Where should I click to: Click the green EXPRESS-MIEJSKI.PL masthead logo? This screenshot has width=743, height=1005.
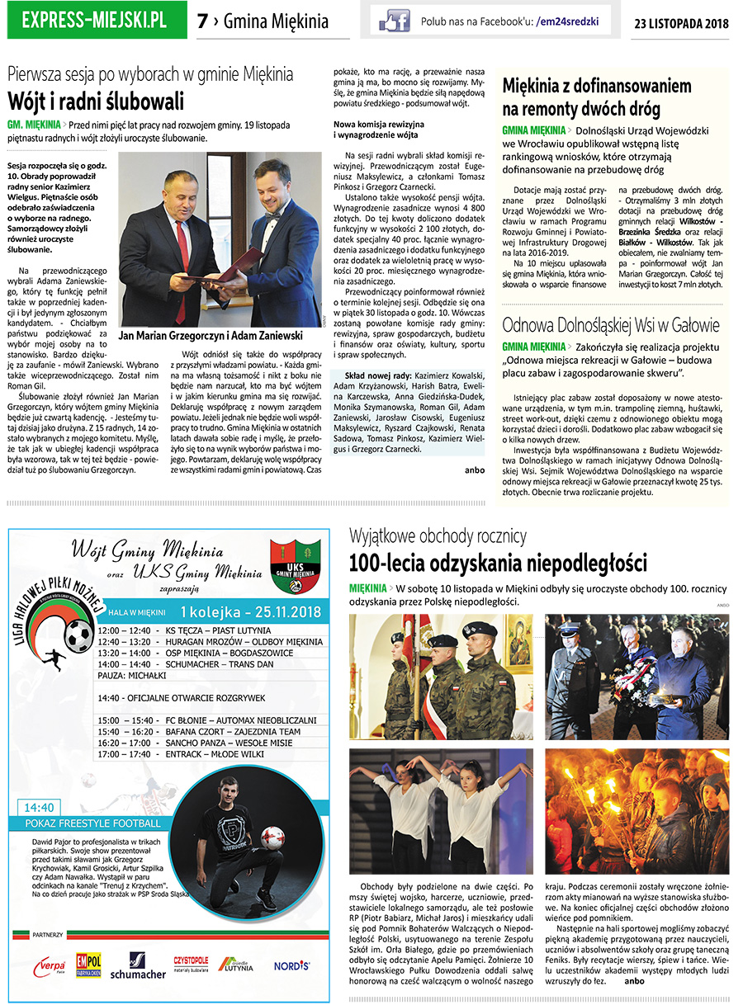[x=94, y=20]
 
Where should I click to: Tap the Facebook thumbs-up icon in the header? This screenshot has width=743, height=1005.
[x=394, y=21]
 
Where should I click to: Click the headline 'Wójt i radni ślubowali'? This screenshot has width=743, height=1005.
[x=96, y=102]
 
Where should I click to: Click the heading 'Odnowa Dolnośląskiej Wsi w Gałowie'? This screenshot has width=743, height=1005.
[x=610, y=324]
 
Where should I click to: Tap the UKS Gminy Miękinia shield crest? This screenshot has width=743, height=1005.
[x=296, y=565]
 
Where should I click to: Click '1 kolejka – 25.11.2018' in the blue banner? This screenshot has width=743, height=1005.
[x=250, y=612]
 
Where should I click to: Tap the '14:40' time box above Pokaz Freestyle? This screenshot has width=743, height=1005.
[x=40, y=807]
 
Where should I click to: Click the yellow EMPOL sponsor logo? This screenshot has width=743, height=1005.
[x=88, y=963]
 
